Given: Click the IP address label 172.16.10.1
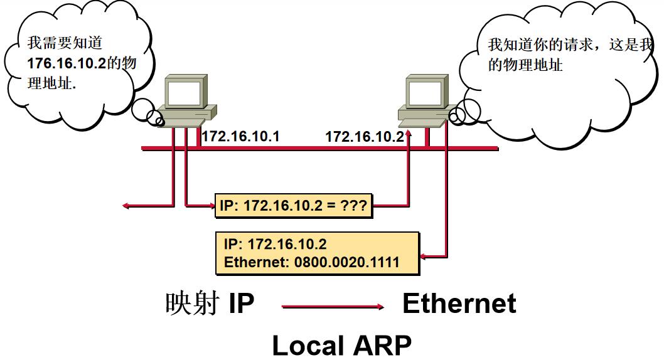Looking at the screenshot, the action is (240, 136).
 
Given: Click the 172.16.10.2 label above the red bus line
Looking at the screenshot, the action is (365, 137).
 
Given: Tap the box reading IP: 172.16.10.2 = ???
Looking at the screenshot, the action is (294, 206).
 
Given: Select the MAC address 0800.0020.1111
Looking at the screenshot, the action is (347, 262).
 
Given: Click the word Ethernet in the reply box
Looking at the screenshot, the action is (256, 262).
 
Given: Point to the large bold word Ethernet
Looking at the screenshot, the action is (459, 304).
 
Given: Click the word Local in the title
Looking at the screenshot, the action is (308, 346).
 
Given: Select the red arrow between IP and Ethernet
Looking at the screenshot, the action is (333, 307).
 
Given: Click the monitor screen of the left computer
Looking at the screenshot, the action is (184, 93).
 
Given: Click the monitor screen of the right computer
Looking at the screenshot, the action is (425, 94).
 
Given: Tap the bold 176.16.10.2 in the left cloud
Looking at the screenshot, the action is (67, 63).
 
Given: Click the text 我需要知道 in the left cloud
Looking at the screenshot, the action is (65, 43).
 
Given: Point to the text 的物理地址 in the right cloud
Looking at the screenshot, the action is (525, 65).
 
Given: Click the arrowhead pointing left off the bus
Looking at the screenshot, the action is (126, 206).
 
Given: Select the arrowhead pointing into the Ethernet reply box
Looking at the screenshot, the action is (424, 256).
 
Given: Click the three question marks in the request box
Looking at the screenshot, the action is (354, 206).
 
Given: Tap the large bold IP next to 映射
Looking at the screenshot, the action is (242, 304).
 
